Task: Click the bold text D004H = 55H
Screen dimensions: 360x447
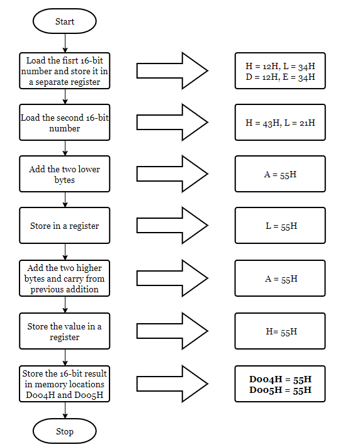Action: [280, 379]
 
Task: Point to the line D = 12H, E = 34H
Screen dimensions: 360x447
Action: [280, 77]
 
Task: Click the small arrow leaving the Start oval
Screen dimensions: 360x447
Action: [65, 43]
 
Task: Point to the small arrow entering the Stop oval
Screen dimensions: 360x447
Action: [65, 411]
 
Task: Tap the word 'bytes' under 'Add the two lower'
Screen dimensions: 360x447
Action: [65, 180]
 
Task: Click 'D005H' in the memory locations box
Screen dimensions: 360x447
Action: [89, 395]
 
